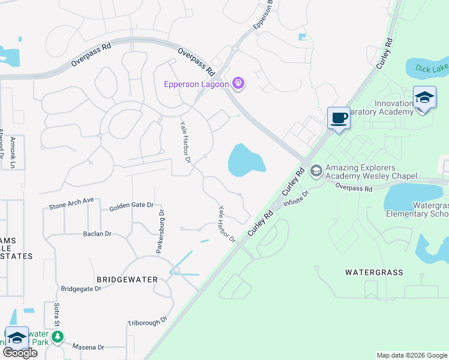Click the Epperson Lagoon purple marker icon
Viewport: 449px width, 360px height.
coord(238,83)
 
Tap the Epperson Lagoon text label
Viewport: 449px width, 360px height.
coord(197,84)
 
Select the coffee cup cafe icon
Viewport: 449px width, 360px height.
coord(339,117)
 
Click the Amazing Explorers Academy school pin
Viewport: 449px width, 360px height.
coord(316,171)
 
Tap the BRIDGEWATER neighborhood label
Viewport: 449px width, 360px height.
coord(127,280)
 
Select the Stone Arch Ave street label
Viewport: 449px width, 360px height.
coord(71,201)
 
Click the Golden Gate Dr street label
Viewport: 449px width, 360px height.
coord(131,206)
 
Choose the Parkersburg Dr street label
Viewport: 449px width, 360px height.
coord(161,232)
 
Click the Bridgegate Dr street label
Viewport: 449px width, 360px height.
coord(81,289)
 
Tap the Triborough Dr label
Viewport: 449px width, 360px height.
coord(147,322)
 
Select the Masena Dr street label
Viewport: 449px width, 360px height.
coord(88,347)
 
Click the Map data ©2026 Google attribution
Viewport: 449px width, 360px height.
coord(411,355)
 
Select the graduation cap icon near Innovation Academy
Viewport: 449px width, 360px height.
coord(424,97)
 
